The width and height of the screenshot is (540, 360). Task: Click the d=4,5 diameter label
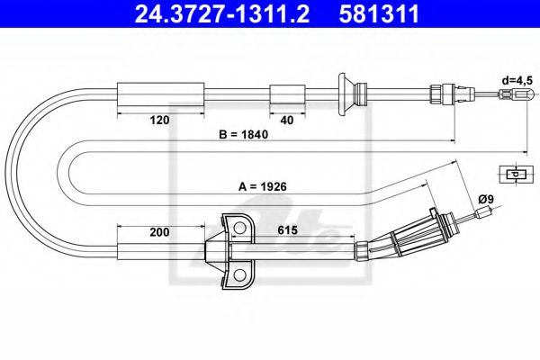pos(517,79)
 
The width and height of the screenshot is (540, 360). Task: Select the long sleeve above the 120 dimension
pos(138,93)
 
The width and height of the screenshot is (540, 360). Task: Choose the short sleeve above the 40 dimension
pos(287,93)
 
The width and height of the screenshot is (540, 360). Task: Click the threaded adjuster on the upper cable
pos(441,93)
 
